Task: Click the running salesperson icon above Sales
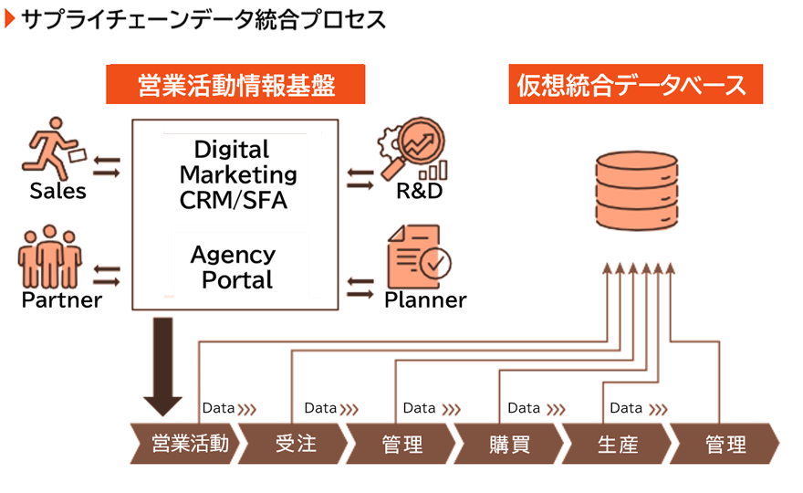coord(54,149)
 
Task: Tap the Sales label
coord(57,191)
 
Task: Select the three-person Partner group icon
coord(49,257)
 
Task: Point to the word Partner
coord(61,299)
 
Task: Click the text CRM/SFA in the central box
coord(233,200)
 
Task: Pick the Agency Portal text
coord(233,267)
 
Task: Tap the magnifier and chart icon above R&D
coord(412,149)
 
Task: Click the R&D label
coord(420,191)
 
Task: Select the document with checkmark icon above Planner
coord(419,257)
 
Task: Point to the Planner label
coord(425,299)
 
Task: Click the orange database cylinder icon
coord(637,190)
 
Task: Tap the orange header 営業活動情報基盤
coord(235,84)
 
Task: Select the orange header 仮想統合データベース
coord(635,84)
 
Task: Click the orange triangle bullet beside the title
coord(10,19)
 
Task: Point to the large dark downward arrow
coord(162,366)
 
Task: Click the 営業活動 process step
coord(185,444)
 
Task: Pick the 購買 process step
coord(509,444)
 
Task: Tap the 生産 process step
coord(617,444)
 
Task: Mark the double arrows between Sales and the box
coord(107,167)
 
